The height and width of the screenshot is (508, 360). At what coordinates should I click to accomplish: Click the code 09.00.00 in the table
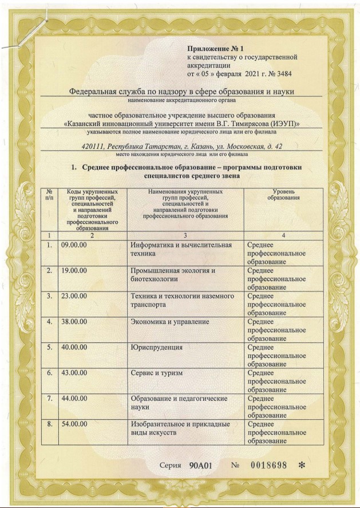pyautogui.click(x=74, y=245)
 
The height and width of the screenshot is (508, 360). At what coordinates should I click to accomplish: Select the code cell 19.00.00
pyautogui.click(x=74, y=270)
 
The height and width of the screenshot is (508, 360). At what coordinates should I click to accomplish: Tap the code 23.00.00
pyautogui.click(x=74, y=296)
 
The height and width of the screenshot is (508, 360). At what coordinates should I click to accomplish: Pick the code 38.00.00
pyautogui.click(x=74, y=322)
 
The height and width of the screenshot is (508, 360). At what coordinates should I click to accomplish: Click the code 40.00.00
pyautogui.click(x=74, y=347)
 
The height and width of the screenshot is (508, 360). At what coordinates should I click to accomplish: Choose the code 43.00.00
pyautogui.click(x=74, y=373)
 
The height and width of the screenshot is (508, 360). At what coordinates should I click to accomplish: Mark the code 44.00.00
pyautogui.click(x=74, y=398)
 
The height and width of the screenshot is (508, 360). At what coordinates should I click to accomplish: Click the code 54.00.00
pyautogui.click(x=74, y=424)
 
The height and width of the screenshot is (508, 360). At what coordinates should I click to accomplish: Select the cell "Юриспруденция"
pyautogui.click(x=157, y=347)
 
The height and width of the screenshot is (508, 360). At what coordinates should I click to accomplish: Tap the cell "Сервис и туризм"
pyautogui.click(x=157, y=373)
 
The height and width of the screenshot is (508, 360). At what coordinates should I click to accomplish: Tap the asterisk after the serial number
pyautogui.click(x=302, y=465)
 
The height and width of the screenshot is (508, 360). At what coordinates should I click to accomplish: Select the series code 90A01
pyautogui.click(x=201, y=465)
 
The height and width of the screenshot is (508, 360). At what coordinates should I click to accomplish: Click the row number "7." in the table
pyautogui.click(x=50, y=398)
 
